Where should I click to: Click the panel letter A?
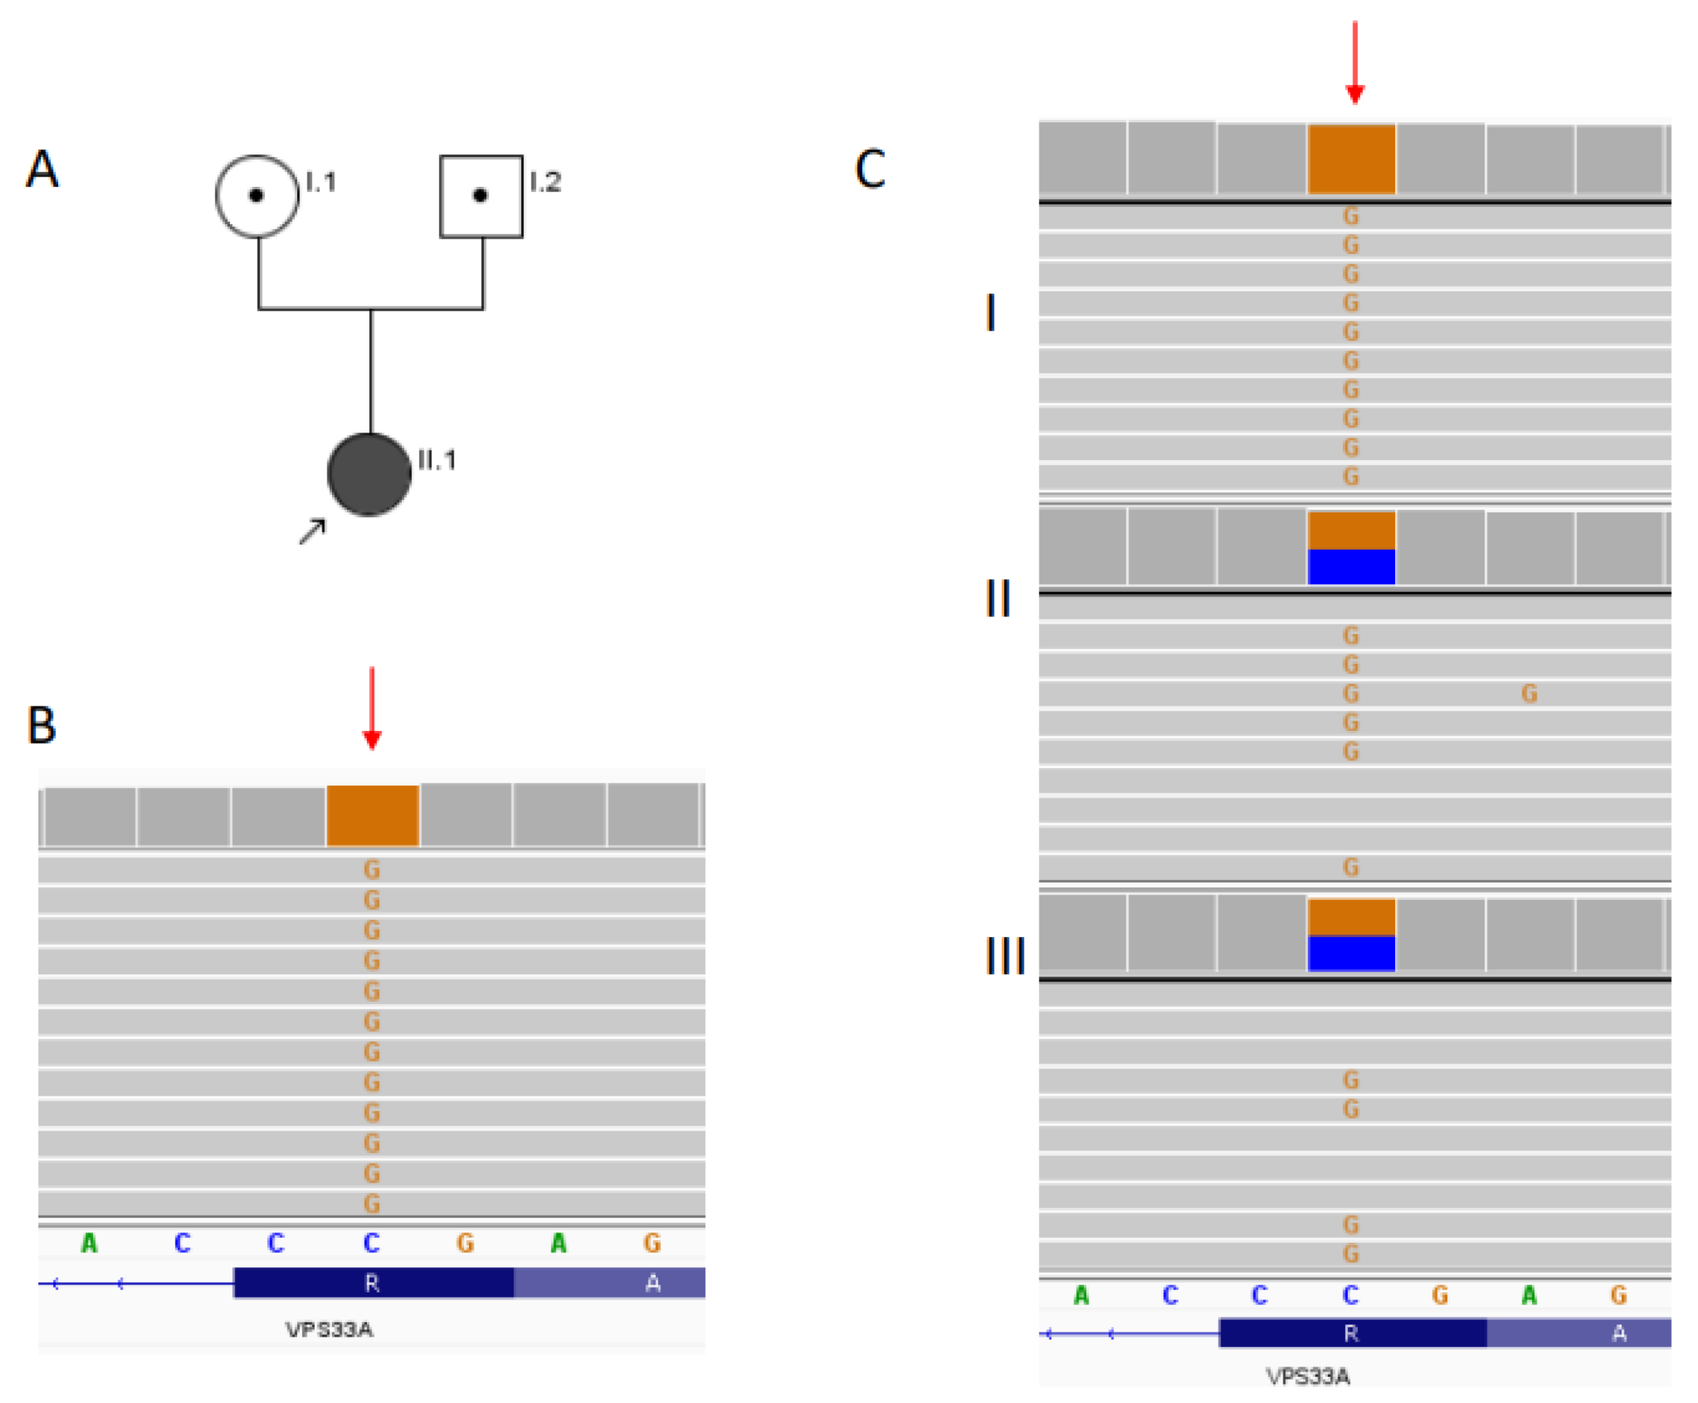[x=42, y=169]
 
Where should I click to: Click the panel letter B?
[x=42, y=724]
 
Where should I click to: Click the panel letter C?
[x=869, y=169]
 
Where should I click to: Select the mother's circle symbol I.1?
[x=257, y=196]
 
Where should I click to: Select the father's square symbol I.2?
[x=481, y=196]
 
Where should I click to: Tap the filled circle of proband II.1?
[x=369, y=475]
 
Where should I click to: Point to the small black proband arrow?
[x=312, y=531]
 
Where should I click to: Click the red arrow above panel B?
[x=372, y=707]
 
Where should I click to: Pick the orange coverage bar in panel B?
[x=372, y=815]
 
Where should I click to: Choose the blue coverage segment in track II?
[x=1351, y=566]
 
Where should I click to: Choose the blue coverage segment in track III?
[x=1351, y=953]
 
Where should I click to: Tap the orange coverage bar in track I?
[x=1351, y=159]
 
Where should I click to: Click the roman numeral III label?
[x=1006, y=955]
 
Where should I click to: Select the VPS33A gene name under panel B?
[x=329, y=1329]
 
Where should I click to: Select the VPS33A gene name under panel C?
[x=1308, y=1376]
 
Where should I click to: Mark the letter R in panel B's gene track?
[x=372, y=1283]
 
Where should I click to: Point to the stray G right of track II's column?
[x=1528, y=693]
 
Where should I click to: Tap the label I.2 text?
[x=545, y=182]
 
